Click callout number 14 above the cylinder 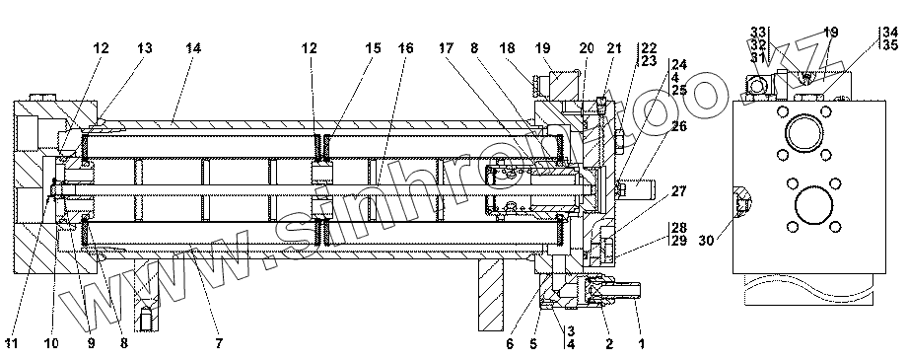(x=193, y=48)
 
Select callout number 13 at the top (x=144, y=48)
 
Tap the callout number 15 (x=373, y=48)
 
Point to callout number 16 (x=405, y=48)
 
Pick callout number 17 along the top (x=447, y=48)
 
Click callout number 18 (x=509, y=48)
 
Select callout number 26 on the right (x=678, y=125)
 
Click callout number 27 (x=678, y=191)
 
